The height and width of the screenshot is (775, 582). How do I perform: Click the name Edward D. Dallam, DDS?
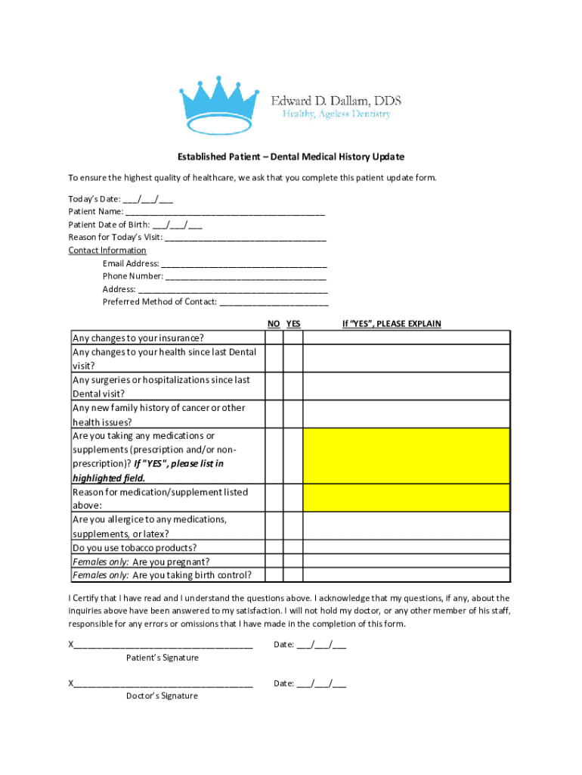click(x=336, y=100)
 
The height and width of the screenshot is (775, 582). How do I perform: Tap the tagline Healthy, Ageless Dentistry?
click(x=336, y=114)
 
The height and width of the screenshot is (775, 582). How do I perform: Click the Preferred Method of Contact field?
click(x=274, y=302)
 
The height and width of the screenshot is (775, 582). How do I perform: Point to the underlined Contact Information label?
click(x=107, y=251)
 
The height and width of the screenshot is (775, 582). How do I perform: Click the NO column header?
click(x=274, y=324)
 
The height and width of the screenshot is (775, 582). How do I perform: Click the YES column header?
click(x=293, y=324)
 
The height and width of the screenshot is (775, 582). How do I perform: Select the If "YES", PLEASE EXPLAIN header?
click(x=392, y=324)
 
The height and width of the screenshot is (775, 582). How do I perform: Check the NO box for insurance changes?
click(x=274, y=338)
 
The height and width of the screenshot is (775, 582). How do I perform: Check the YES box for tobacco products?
click(x=293, y=548)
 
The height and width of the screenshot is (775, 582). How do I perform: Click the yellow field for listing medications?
click(x=407, y=456)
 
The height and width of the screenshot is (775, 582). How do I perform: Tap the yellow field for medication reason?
click(x=407, y=498)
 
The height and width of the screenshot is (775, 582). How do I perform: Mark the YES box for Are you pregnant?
click(x=293, y=562)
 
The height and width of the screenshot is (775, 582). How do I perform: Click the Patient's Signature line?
click(x=163, y=646)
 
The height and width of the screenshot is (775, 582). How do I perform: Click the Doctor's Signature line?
click(x=163, y=683)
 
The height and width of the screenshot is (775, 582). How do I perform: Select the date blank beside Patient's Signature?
click(x=321, y=646)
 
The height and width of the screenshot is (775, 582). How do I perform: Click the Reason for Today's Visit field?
click(x=246, y=238)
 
